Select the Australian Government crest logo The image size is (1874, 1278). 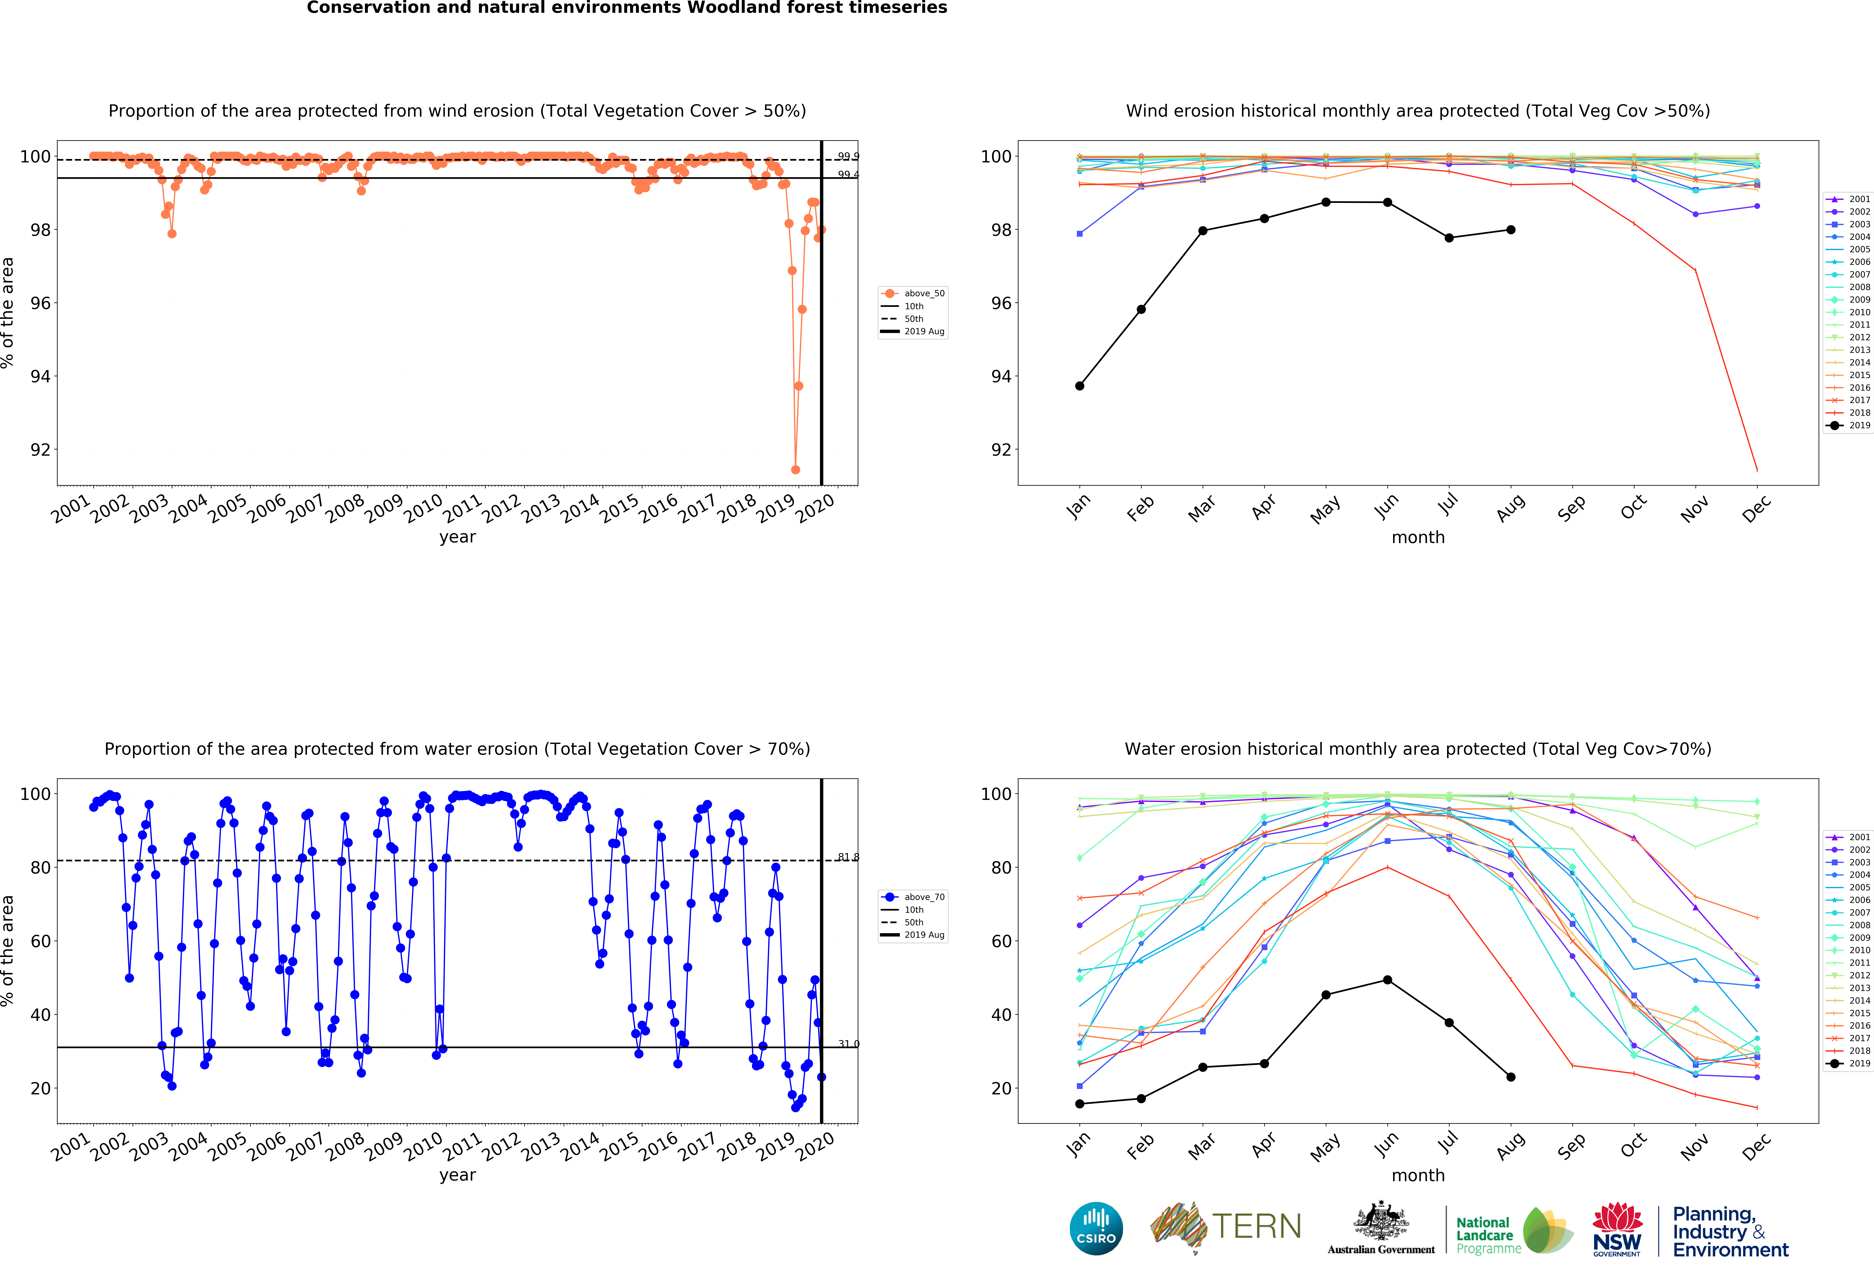tap(1381, 1222)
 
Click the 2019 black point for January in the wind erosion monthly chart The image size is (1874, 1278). tap(1080, 386)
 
